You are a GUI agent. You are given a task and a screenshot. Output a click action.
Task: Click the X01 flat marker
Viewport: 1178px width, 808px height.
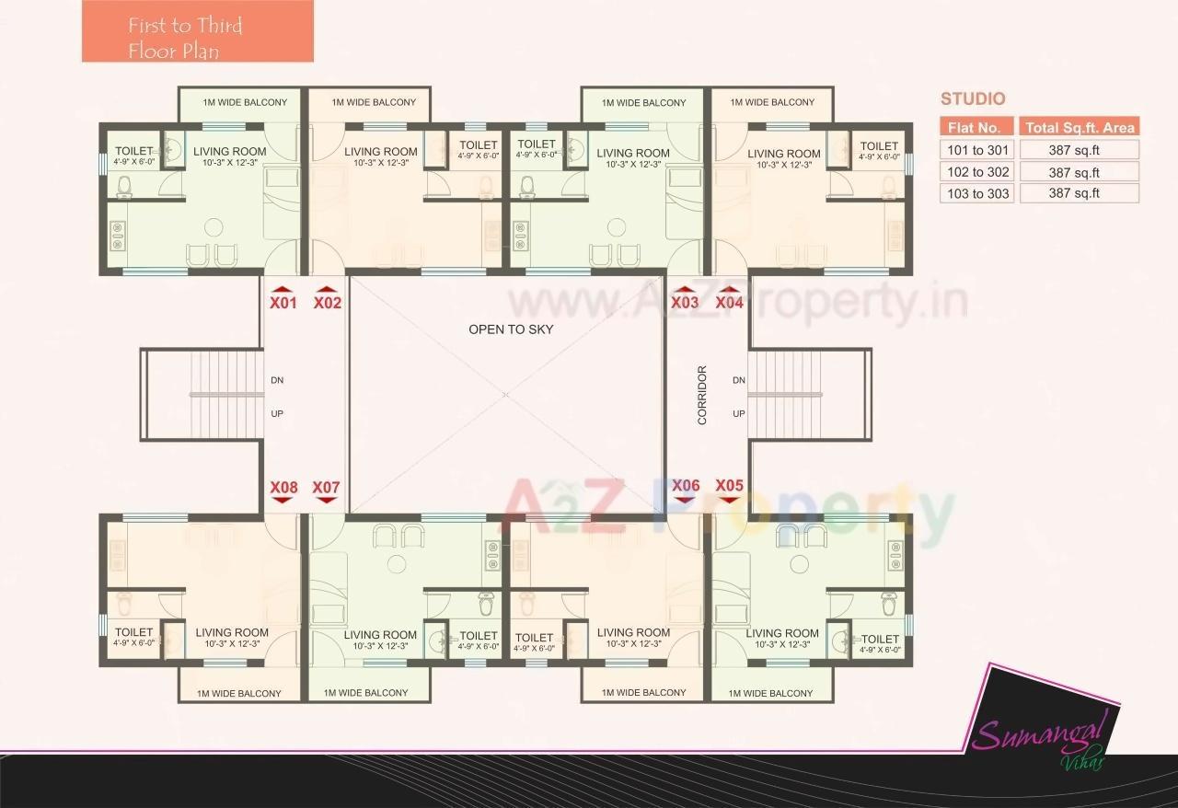click(283, 301)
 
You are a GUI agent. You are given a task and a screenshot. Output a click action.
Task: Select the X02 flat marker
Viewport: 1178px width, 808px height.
click(328, 301)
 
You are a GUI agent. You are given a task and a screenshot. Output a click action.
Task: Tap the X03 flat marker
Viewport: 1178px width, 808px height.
click(685, 301)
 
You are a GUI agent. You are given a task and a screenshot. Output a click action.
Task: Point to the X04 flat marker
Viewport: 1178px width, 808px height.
click(729, 301)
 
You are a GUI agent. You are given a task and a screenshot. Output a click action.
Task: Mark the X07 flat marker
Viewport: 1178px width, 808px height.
click(327, 488)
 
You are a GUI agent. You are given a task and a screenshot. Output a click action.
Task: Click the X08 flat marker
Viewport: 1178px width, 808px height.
click(283, 488)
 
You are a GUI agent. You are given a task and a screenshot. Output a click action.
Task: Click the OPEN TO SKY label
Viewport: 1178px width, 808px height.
click(511, 329)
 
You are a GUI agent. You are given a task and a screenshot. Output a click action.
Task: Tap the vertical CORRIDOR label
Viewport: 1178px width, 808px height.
click(702, 395)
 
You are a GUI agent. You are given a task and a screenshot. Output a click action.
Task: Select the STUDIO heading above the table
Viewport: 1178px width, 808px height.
click(973, 99)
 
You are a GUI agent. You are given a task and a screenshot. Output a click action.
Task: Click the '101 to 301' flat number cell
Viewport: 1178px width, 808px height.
click(977, 150)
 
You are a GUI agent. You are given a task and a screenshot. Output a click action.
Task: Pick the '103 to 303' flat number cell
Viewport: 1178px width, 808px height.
click(977, 193)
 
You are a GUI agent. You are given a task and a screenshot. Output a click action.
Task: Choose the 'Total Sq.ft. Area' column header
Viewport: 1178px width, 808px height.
click(1080, 128)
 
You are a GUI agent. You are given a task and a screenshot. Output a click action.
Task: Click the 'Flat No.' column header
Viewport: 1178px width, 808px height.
click(976, 128)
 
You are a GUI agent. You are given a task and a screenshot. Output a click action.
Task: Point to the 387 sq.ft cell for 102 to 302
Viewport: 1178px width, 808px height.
click(1080, 172)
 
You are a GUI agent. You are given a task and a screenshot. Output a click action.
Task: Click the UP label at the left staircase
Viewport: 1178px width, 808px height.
click(277, 414)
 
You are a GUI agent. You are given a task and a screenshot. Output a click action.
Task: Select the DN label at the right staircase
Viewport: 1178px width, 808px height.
click(738, 380)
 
